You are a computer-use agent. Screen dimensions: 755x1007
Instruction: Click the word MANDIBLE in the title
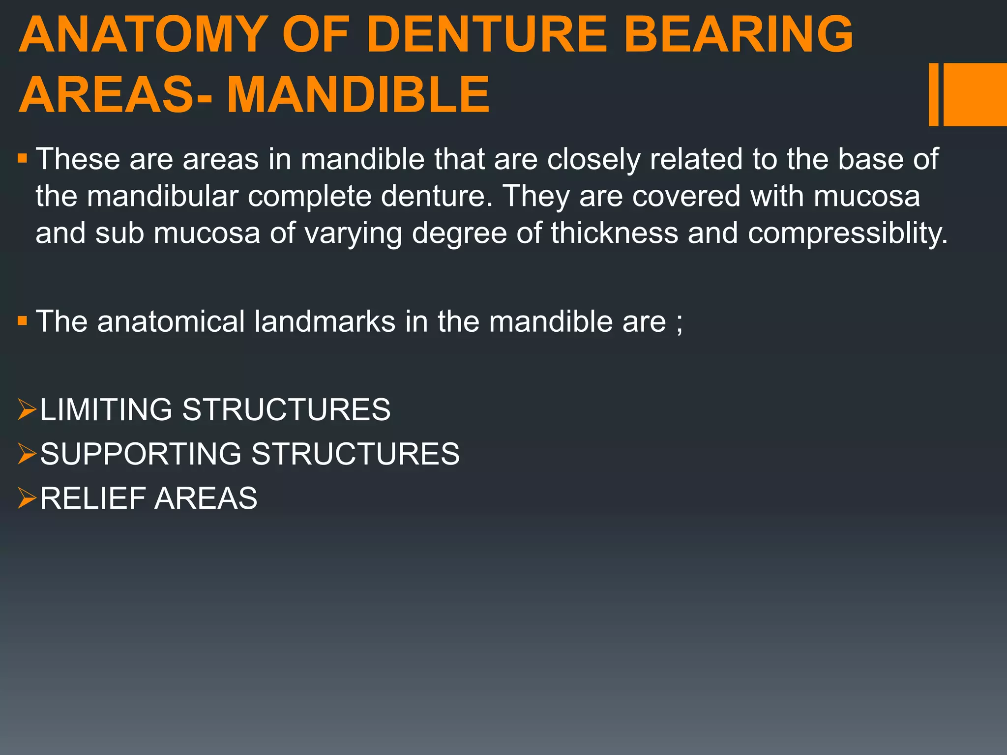tap(357, 95)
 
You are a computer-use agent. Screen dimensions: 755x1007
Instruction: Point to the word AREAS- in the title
tap(115, 95)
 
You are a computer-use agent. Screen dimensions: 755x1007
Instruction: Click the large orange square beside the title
tap(975, 94)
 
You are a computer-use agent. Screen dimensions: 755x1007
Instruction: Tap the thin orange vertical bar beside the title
tap(933, 94)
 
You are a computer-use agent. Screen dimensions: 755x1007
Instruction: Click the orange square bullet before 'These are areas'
tap(23, 159)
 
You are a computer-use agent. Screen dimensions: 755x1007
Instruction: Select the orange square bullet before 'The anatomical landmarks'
tap(23, 321)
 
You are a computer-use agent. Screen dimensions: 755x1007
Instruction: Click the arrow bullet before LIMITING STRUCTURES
tap(27, 409)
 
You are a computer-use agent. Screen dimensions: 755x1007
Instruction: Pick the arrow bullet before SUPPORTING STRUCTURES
tap(27, 453)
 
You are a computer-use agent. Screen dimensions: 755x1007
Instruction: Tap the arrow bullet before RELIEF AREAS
tap(27, 497)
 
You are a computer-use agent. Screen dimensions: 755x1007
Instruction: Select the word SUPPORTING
tap(141, 453)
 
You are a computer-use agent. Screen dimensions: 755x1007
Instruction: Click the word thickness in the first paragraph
tap(615, 232)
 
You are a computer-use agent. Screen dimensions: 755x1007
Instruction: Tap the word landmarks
tap(325, 321)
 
